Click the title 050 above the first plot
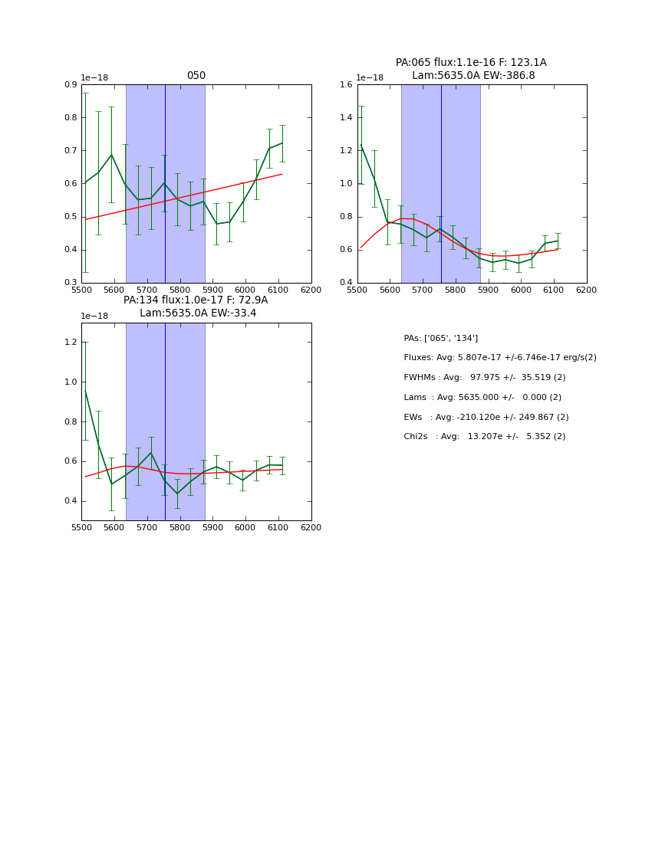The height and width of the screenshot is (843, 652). pyautogui.click(x=196, y=76)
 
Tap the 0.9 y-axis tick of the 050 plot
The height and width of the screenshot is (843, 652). pyautogui.click(x=71, y=85)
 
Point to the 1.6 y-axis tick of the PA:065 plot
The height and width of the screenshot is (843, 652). pyautogui.click(x=347, y=85)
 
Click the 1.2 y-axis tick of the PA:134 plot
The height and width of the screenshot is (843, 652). pyautogui.click(x=71, y=343)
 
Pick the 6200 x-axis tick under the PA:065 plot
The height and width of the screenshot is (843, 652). pyautogui.click(x=587, y=290)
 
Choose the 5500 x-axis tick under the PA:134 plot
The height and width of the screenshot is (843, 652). pyautogui.click(x=81, y=527)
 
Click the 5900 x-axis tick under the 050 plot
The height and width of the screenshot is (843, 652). pyautogui.click(x=212, y=290)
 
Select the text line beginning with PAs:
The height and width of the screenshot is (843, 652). pyautogui.click(x=441, y=338)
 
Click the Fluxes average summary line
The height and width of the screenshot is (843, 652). pyautogui.click(x=499, y=358)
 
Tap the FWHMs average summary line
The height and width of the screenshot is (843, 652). pyautogui.click(x=484, y=378)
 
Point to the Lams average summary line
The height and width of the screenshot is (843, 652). pyautogui.click(x=482, y=398)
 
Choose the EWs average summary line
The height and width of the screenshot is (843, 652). pyautogui.click(x=486, y=418)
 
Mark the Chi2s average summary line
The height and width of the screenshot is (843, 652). pyautogui.click(x=484, y=437)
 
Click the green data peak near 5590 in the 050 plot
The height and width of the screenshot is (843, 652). pyautogui.click(x=111, y=154)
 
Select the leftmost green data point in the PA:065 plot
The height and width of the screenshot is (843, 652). pyautogui.click(x=361, y=145)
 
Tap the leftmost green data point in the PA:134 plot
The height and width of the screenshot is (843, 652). pyautogui.click(x=85, y=391)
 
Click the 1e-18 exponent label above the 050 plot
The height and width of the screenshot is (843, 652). pyautogui.click(x=94, y=78)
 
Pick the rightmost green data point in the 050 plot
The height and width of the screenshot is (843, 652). pyautogui.click(x=282, y=143)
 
